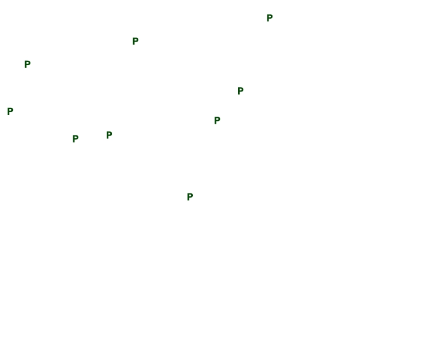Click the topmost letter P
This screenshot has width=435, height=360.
269,18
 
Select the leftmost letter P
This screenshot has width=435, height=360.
10,111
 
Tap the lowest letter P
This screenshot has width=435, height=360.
190,196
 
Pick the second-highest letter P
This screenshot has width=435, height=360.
135,41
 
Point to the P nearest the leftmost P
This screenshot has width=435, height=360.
27,64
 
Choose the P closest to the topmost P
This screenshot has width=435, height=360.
240,91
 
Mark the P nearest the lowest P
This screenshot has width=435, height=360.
217,120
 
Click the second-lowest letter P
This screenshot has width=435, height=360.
75,139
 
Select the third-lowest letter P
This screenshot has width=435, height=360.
109,135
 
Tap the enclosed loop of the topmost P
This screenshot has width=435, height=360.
270,16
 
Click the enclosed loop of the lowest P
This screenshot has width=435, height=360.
191,195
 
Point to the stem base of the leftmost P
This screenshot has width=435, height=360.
8,114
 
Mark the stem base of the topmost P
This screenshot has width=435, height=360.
268,21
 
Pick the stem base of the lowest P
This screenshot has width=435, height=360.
188,200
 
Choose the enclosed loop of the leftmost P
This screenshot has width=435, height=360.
11,110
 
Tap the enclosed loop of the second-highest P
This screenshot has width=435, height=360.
136,40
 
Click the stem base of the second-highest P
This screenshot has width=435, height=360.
134,45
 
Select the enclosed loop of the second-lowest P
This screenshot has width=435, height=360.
76,137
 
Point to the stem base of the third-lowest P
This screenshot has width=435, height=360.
107,138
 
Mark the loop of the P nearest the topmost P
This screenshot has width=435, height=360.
241,90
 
